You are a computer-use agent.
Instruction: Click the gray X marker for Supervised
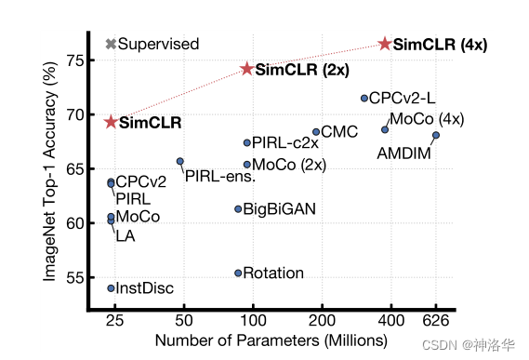[x=112, y=44]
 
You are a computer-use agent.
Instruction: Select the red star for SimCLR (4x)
[x=385, y=44]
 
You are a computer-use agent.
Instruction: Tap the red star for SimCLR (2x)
[x=247, y=69]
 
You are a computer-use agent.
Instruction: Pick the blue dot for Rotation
[x=238, y=273]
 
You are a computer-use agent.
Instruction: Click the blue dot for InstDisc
[x=112, y=288]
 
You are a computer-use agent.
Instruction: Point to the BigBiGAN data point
[x=238, y=209]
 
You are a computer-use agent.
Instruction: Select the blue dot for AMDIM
[x=436, y=136]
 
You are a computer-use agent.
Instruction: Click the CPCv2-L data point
[x=364, y=98]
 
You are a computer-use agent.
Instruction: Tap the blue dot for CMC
[x=316, y=132]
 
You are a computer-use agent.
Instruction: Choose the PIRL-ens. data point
[x=180, y=161]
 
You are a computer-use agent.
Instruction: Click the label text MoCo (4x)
[x=427, y=119]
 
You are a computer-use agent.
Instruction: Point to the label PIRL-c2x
[x=285, y=143]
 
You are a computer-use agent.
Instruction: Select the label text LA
[x=126, y=235]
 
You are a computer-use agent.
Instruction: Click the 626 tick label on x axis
[x=436, y=321]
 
